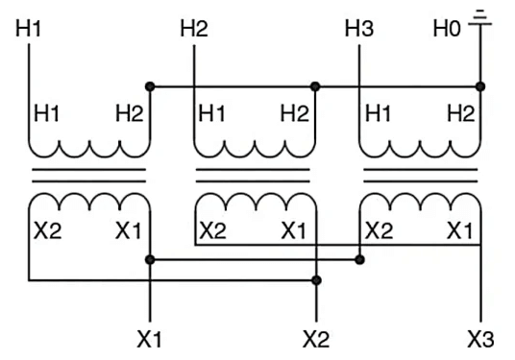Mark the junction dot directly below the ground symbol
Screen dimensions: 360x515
[480, 86]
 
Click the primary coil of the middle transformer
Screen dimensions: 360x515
[256, 149]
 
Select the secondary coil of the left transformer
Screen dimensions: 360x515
[89, 204]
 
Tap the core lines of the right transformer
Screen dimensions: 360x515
[420, 176]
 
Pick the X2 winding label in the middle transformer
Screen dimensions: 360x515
[213, 230]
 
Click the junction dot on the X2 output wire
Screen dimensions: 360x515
[316, 280]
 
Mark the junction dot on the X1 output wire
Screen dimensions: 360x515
[150, 259]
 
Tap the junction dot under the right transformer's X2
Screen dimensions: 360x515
[358, 259]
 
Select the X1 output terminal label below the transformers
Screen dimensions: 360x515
[151, 339]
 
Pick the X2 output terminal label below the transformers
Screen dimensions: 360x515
[316, 339]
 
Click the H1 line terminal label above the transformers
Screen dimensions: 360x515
[30, 28]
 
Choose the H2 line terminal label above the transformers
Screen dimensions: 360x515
[194, 28]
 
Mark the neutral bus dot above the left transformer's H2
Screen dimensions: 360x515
[150, 86]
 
